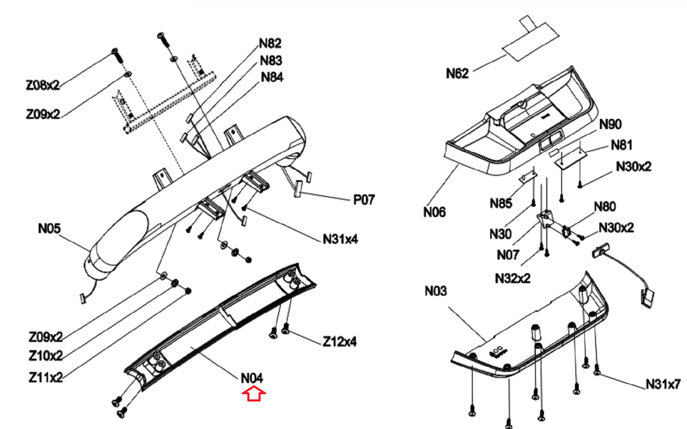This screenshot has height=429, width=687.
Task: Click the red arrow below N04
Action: click(254, 393)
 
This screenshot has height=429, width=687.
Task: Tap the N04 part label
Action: click(252, 378)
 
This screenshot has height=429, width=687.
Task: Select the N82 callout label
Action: click(270, 43)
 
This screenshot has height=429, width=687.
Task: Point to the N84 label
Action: click(272, 77)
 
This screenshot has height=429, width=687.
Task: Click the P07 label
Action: click(364, 200)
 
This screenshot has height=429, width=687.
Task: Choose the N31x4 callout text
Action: click(340, 239)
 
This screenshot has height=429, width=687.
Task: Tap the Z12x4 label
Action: click(340, 341)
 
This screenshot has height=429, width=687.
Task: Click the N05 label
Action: click(49, 228)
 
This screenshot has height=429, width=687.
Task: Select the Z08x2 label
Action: click(43, 85)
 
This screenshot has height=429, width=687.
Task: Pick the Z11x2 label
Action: click(46, 378)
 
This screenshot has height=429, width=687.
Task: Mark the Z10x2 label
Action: click(46, 356)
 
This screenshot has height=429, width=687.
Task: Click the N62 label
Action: click(457, 73)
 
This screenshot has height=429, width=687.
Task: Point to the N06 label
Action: click(435, 212)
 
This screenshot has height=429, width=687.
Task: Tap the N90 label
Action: click(611, 124)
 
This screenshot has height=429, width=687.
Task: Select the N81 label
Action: click(622, 145)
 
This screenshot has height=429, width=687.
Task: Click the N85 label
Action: click(501, 203)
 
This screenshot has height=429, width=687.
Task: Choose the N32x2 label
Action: click(513, 278)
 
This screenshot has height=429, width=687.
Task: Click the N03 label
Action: click(436, 291)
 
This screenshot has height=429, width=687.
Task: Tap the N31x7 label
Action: click(663, 384)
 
